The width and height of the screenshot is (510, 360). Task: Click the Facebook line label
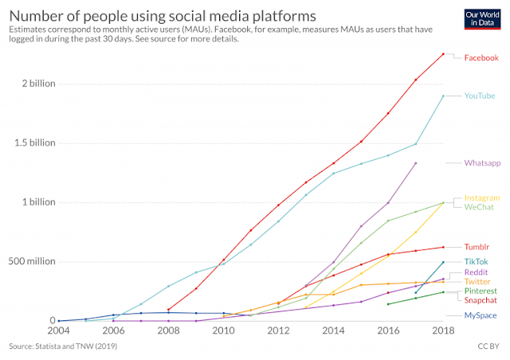coord(481,57)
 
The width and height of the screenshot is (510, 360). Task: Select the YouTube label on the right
coord(481,96)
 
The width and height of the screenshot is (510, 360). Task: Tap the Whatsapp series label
coord(482,162)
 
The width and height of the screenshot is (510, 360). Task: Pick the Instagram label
coord(482,197)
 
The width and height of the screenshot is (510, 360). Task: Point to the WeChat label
coord(479,207)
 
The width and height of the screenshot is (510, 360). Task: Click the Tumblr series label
coord(477,247)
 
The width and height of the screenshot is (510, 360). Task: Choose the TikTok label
coord(477,261)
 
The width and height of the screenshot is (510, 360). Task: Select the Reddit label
coord(477,272)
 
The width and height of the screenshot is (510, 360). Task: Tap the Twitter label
coord(477,281)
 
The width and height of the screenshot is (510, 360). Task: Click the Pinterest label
coord(481,292)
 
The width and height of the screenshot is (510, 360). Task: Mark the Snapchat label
coord(481,300)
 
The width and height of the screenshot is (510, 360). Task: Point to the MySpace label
coord(481,315)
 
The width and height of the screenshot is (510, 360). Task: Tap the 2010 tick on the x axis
coord(223,330)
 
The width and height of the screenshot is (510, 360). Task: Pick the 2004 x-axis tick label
coord(59,330)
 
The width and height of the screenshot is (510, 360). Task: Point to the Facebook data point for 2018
coord(444,53)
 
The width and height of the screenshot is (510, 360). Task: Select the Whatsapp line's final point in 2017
coord(416,163)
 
